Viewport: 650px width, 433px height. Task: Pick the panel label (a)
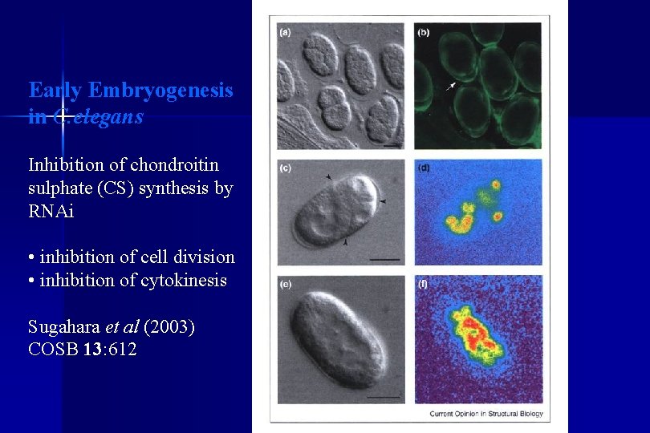[x=286, y=33]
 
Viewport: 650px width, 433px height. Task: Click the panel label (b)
[x=424, y=33]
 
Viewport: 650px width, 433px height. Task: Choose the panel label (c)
[x=286, y=168]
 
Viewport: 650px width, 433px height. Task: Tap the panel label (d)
[x=424, y=168]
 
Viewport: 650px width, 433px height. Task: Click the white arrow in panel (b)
[x=453, y=84]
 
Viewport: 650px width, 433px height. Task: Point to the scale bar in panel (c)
[x=386, y=259]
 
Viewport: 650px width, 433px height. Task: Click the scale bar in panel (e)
[x=385, y=396]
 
